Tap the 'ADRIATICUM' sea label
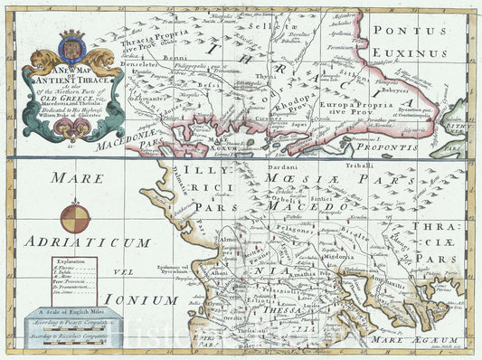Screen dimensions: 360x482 [87, 242]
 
